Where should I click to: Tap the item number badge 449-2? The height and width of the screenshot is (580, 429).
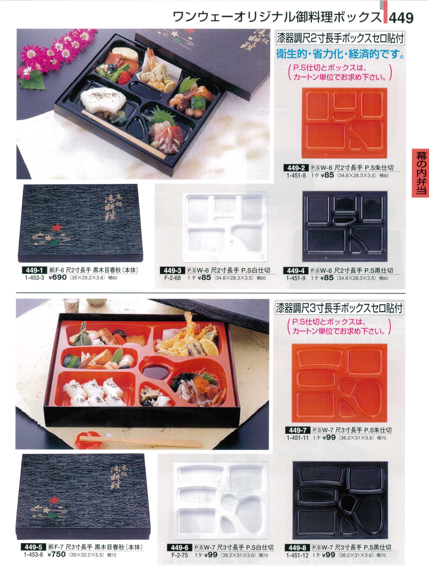(x=296, y=168)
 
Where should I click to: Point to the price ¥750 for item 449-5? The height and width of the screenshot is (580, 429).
(x=57, y=561)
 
